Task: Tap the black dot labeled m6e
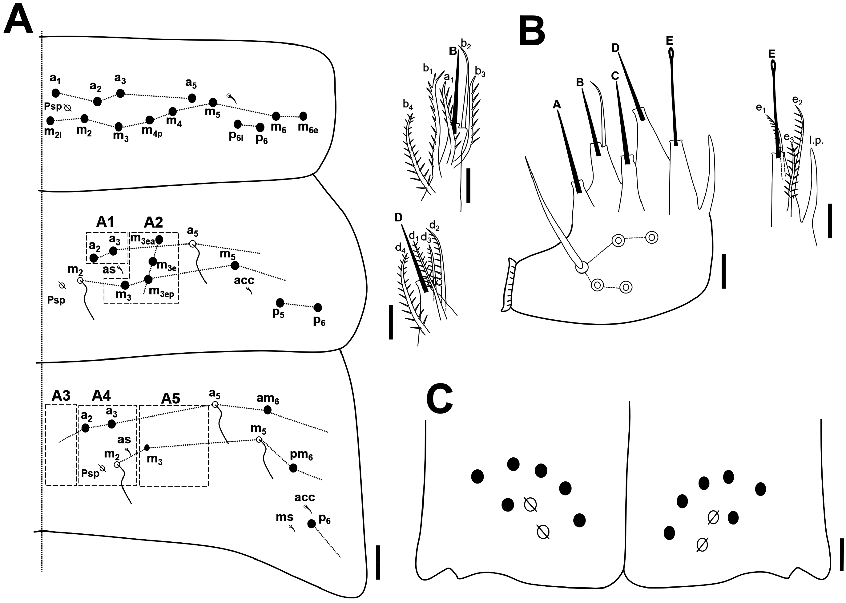[x=303, y=116]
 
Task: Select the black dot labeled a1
[x=56, y=93]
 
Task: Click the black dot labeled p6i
[x=238, y=124]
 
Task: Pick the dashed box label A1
[x=105, y=222]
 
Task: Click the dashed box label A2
[x=153, y=222]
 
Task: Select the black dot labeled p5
[x=280, y=303]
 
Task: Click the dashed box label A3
[x=61, y=396]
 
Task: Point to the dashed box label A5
[x=171, y=399]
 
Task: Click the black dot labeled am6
[x=267, y=410]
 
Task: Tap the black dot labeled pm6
[x=293, y=468]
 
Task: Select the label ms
[x=285, y=517]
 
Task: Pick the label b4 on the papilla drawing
[x=408, y=105]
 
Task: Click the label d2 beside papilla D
[x=434, y=225]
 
